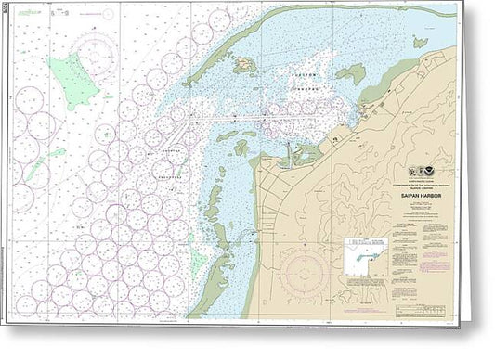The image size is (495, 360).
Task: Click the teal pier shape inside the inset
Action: click(x=363, y=251)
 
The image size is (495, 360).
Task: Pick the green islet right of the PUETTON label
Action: click(x=349, y=74)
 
